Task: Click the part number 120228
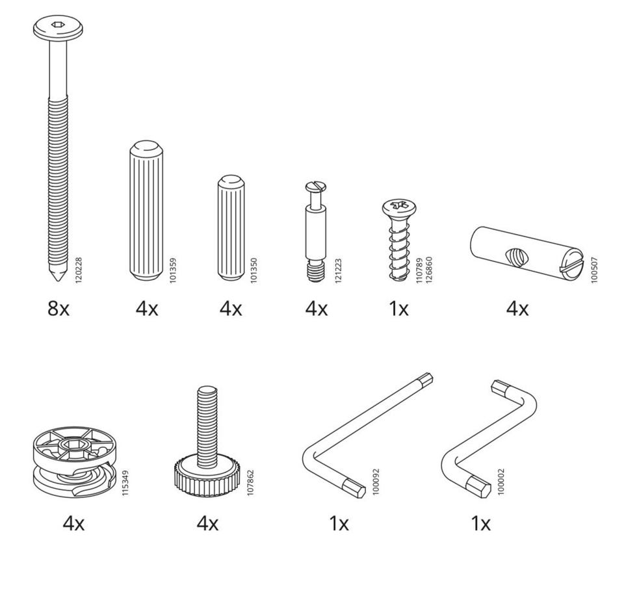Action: click(x=79, y=270)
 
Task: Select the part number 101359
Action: click(x=173, y=270)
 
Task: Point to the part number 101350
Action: click(x=254, y=270)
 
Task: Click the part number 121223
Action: click(x=338, y=270)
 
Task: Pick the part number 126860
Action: click(x=428, y=270)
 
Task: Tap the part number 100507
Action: click(x=594, y=270)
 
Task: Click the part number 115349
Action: click(x=125, y=482)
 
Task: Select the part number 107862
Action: click(x=250, y=482)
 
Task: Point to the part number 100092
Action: click(x=376, y=482)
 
